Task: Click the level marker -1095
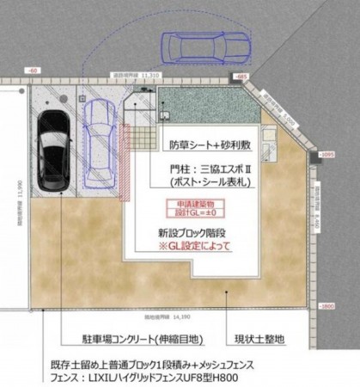coord(327,155)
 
